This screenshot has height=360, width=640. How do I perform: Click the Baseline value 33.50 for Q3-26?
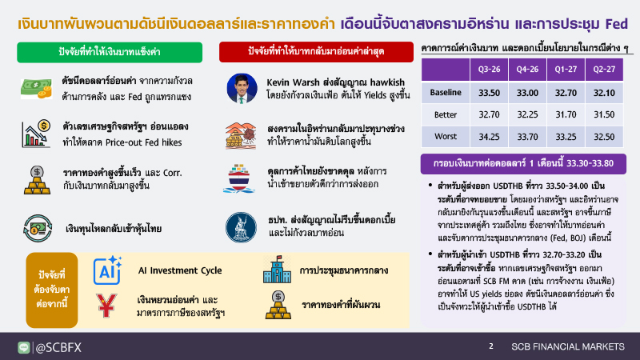pyautogui.click(x=489, y=93)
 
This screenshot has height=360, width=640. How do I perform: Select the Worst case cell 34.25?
pyautogui.click(x=489, y=137)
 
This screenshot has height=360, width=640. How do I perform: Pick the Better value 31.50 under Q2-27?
pyautogui.click(x=604, y=114)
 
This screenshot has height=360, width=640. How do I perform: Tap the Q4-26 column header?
pyautogui.click(x=527, y=70)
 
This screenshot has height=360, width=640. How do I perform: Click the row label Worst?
pyautogui.click(x=446, y=136)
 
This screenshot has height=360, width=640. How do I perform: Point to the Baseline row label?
pyautogui.click(x=446, y=92)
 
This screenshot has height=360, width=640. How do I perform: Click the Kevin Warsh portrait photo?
pyautogui.click(x=242, y=88)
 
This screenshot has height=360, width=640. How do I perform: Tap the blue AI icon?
pyautogui.click(x=107, y=270)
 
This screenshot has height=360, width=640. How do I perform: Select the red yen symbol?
pyautogui.click(x=106, y=306)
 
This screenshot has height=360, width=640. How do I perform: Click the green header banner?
pyautogui.click(x=110, y=52)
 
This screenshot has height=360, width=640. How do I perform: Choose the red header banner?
pyautogui.click(x=316, y=52)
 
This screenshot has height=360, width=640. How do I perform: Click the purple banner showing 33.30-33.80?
pyautogui.click(x=523, y=164)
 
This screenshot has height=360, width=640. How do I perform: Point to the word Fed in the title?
pyautogui.click(x=616, y=24)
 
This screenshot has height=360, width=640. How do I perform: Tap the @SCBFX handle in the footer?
pyautogui.click(x=58, y=347)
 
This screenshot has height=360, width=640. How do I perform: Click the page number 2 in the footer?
pyautogui.click(x=491, y=346)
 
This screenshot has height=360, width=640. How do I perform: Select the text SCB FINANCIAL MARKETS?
pyautogui.click(x=568, y=346)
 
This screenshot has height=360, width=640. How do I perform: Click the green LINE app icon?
pyautogui.click(x=24, y=347)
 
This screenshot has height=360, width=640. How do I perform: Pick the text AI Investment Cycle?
pyautogui.click(x=180, y=270)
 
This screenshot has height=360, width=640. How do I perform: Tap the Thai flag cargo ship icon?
pyautogui.click(x=239, y=178)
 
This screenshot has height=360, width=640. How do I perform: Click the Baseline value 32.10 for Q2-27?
pyautogui.click(x=604, y=93)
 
